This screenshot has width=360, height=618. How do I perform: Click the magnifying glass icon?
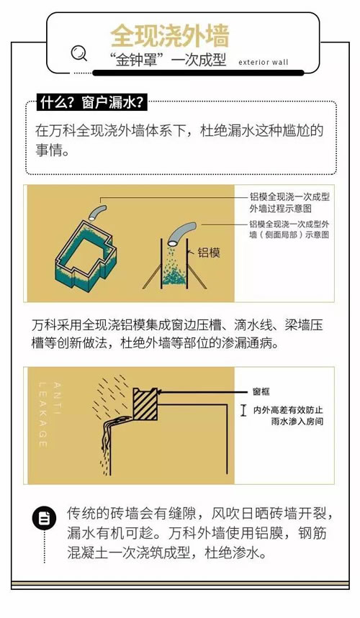coord(79,53)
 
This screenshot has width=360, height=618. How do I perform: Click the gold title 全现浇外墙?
coord(170,36)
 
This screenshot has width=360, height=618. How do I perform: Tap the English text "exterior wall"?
coord(264,63)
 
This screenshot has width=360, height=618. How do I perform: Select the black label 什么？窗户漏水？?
coord(91,103)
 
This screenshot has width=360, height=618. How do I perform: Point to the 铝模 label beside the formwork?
coord(209,253)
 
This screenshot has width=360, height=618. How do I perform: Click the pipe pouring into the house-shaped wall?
coord(97,213)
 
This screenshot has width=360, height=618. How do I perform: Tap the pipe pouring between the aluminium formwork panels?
coord(181,232)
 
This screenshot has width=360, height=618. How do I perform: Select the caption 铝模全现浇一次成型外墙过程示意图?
coord(289,203)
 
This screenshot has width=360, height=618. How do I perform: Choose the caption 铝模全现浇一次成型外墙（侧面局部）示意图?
coord(289,230)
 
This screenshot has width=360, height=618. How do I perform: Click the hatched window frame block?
coord(145,404)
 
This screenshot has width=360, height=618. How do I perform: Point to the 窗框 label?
coord(261,392)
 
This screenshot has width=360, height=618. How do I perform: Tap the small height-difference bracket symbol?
coord(243,410)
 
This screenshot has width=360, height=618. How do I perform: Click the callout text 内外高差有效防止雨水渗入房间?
coord(288,416)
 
